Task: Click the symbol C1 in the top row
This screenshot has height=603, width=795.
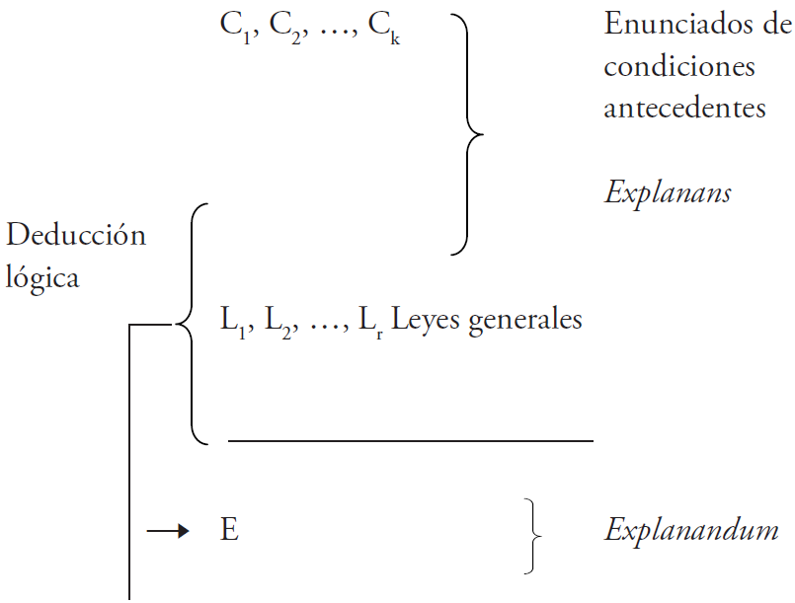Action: click(x=233, y=28)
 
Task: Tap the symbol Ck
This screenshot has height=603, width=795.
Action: click(x=384, y=28)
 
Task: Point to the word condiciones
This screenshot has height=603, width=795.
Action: click(x=679, y=66)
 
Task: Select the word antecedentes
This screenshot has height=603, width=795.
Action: click(x=684, y=107)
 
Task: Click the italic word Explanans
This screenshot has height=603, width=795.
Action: click(x=668, y=191)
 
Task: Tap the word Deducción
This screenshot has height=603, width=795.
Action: click(x=76, y=235)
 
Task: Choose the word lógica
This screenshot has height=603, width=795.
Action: click(x=42, y=277)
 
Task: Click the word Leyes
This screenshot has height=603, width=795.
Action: click(x=423, y=320)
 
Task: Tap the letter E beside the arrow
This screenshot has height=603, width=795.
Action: click(x=229, y=531)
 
